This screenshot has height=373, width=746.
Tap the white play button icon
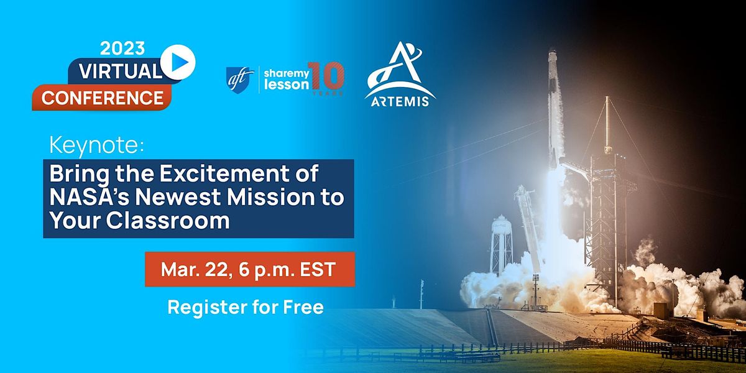tap(178, 62)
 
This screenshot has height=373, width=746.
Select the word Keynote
tap(96, 147)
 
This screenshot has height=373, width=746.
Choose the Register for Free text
tap(245, 307)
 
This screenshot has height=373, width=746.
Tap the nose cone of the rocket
tap(552, 59)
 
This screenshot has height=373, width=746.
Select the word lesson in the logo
tap(287, 86)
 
